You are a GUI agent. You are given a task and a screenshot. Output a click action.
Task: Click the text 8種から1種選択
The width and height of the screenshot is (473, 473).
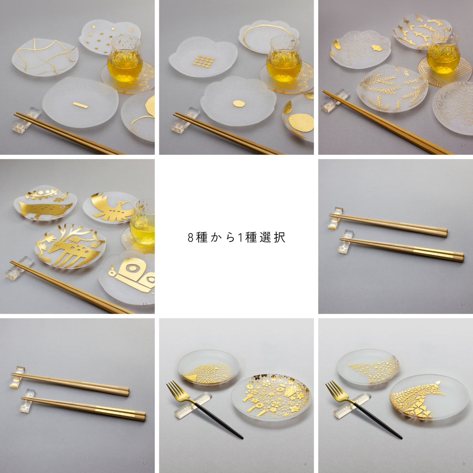[x=236, y=237]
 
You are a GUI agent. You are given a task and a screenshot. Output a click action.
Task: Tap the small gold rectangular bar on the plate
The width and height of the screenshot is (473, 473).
[x=80, y=105]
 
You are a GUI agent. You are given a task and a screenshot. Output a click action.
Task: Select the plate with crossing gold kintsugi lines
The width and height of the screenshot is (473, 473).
[x=45, y=57]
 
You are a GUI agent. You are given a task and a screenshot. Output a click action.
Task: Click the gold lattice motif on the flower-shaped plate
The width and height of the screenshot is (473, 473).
[x=204, y=61]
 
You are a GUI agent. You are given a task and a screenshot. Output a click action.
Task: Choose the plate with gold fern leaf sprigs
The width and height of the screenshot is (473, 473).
[x=392, y=88]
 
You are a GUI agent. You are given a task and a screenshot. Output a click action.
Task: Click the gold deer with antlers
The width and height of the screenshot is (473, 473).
[x=71, y=246]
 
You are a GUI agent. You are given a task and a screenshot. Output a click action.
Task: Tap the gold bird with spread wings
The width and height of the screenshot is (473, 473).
[x=112, y=207]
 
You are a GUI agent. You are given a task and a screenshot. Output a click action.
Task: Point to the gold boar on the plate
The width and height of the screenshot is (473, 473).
[x=45, y=209]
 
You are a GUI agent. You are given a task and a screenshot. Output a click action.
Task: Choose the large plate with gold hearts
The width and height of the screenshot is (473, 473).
[x=429, y=397]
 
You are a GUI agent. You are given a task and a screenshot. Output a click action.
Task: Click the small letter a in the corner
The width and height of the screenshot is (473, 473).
[x=305, y=464]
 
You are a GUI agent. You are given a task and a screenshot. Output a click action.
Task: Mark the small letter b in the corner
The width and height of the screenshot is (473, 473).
[x=464, y=464]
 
